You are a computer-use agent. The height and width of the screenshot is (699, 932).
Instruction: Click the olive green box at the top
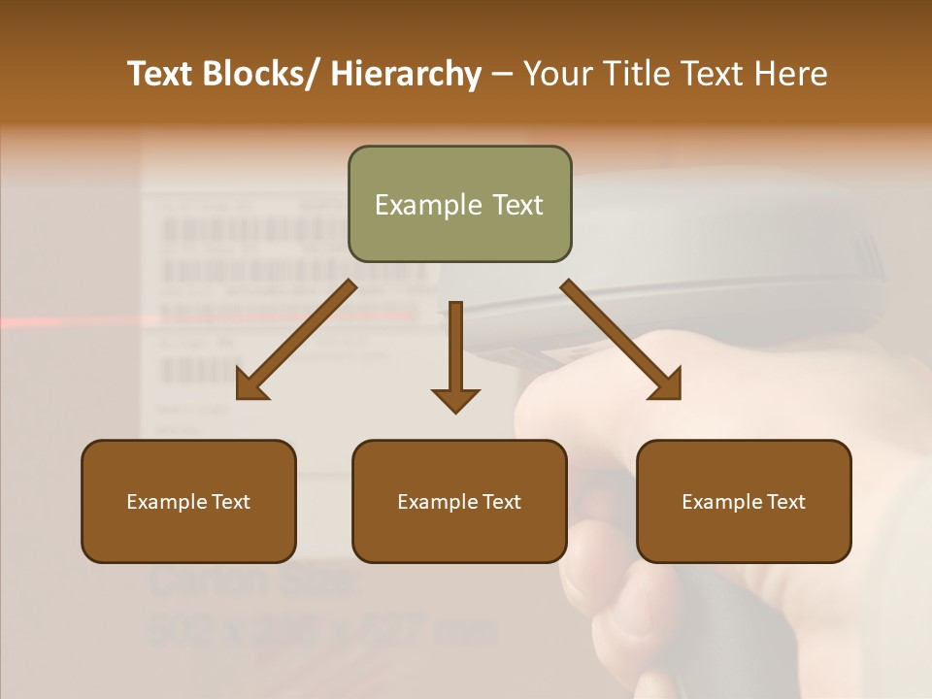[x=459, y=204]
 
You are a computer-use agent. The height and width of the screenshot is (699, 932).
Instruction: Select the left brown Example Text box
[x=188, y=501]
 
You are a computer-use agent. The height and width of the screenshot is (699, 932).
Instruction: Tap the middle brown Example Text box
[x=459, y=501]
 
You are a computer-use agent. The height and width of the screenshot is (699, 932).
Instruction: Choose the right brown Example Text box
[x=744, y=501]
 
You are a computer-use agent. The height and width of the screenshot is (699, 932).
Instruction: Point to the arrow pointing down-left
[x=295, y=340]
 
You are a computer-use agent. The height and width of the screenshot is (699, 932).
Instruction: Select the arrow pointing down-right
[x=621, y=340]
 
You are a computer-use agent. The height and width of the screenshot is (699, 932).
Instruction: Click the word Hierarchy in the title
[x=406, y=75]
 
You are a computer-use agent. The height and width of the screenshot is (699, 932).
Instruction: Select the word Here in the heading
[x=793, y=75]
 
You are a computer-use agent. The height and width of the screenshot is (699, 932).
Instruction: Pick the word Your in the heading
[x=556, y=75]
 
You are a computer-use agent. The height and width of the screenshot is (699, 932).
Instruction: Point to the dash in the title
[x=502, y=75]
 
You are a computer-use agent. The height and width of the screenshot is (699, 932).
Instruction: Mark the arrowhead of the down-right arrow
[x=665, y=384]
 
